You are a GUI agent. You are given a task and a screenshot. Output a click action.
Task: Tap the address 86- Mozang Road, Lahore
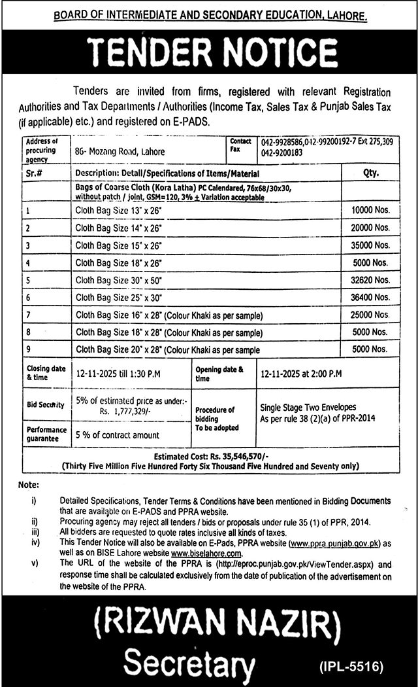point(120,152)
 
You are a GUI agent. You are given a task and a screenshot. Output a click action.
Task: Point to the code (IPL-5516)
point(351,667)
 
